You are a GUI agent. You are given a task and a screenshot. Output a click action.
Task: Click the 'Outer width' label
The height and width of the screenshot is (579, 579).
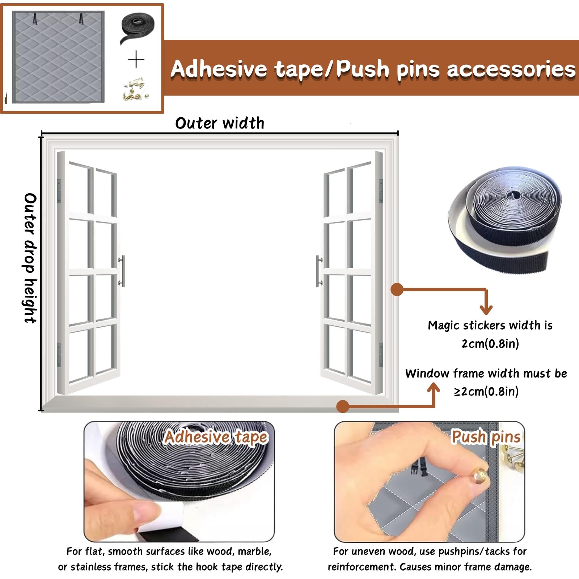tap(220, 123)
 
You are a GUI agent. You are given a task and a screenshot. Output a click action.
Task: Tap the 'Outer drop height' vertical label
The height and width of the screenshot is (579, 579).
tap(30, 258)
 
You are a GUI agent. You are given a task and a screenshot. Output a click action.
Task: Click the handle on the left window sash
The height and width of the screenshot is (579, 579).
tap(122, 271)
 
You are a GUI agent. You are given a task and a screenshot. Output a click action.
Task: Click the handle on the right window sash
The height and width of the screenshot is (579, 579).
tap(319, 271)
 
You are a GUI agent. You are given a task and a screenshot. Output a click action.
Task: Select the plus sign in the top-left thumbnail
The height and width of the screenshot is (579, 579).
tap(136, 60)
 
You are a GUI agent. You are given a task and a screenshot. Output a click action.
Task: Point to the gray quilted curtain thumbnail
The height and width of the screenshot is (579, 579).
tap(58, 57)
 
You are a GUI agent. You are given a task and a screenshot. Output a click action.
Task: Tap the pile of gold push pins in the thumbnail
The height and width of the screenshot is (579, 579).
tap(136, 88)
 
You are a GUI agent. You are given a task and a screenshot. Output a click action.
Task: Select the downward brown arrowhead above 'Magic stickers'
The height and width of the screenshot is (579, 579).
tap(486, 309)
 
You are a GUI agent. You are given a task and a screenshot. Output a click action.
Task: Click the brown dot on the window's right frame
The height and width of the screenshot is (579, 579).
tap(397, 289)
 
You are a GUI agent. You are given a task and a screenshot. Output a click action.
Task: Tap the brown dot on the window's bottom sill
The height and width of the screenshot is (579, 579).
tap(343, 406)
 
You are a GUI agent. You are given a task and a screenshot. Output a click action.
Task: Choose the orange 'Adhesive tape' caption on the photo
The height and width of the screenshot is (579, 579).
tap(216, 437)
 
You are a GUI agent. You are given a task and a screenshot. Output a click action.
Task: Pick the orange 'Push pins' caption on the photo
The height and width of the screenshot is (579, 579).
tap(486, 437)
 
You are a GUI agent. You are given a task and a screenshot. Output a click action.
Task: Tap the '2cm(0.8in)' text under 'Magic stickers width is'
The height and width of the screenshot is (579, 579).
tap(490, 343)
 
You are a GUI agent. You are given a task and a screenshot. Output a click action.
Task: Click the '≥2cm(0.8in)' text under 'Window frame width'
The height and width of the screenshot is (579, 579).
tap(486, 391)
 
